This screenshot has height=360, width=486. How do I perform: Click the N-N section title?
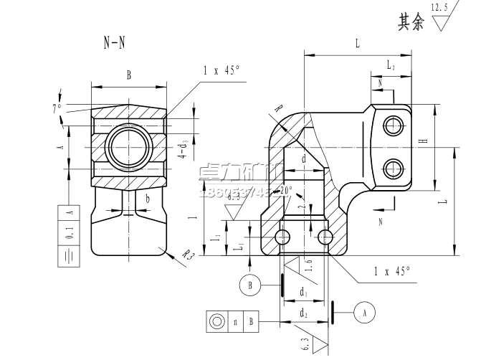114,42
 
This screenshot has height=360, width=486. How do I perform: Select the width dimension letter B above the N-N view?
129,75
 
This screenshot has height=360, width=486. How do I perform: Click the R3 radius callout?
188,255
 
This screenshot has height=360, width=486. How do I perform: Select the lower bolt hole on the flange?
392,169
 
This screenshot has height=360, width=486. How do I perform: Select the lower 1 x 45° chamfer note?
392,271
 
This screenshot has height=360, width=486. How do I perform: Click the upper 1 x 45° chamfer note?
221,70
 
